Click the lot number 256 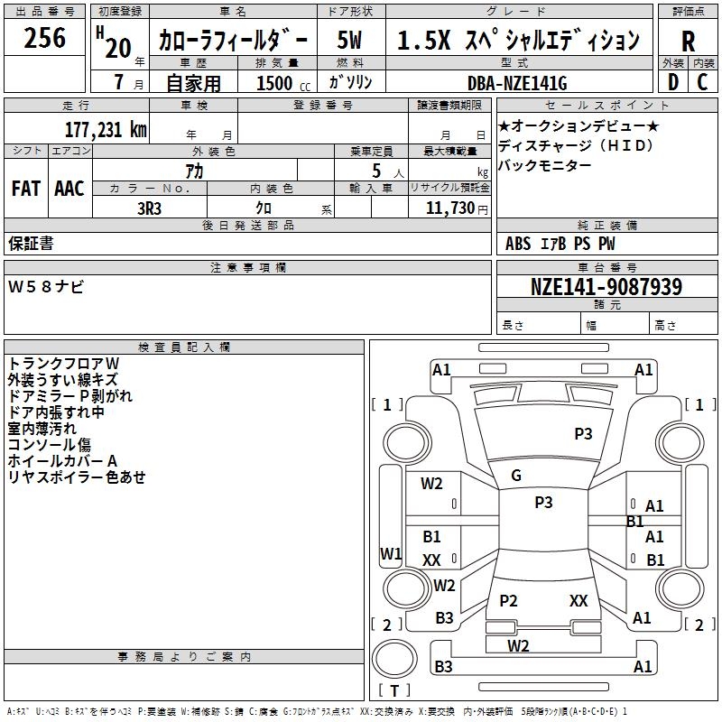tap(44, 38)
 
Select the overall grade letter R tap(688, 42)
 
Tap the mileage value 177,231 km tap(106, 130)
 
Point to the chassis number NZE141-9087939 tap(606, 287)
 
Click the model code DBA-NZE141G tap(516, 83)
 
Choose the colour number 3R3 tap(149, 208)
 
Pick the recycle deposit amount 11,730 tap(449, 208)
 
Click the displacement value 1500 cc tap(283, 83)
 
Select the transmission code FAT tap(26, 189)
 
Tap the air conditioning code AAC tap(69, 189)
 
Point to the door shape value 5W tap(349, 40)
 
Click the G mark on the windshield tap(516, 476)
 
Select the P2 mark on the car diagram tap(508, 600)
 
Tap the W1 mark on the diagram tap(391, 553)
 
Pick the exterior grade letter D tap(672, 82)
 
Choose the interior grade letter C tap(702, 82)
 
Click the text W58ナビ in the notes tap(46, 287)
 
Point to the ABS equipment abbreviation tap(518, 244)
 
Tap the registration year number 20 tap(118, 48)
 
